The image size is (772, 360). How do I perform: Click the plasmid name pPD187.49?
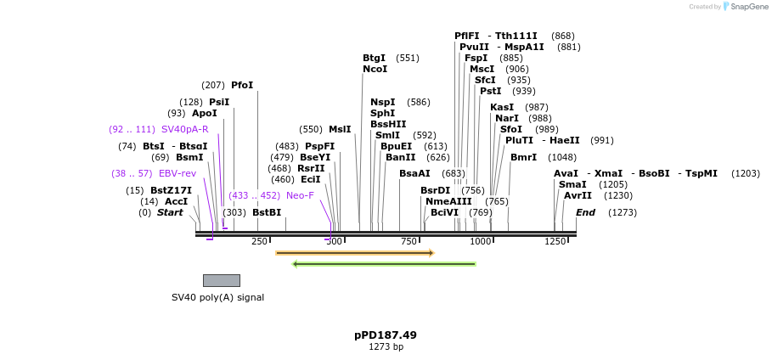tap(386, 335)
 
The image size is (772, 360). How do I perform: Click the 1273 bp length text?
tap(386, 347)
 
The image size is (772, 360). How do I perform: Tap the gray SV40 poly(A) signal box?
tap(221, 280)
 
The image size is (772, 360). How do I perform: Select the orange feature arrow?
tap(354, 253)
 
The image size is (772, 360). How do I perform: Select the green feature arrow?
tap(384, 264)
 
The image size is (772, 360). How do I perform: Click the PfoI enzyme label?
tap(242, 85)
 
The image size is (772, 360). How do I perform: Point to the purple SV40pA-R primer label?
tap(184, 129)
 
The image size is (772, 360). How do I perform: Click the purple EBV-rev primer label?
tap(178, 173)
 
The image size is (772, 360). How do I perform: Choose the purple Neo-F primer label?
tap(300, 195)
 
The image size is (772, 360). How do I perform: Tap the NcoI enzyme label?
tap(375, 69)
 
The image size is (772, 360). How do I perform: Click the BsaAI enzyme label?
tap(414, 173)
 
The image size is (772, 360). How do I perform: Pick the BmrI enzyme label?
tap(523, 157)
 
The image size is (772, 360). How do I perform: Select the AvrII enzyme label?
tap(578, 195)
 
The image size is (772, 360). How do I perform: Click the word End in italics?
tap(585, 212)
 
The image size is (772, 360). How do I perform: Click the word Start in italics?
tap(170, 212)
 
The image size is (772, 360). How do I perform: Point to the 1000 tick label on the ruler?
tap(481, 242)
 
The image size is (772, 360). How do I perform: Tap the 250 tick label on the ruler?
tap(259, 242)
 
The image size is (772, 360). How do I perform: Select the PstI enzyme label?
tap(490, 91)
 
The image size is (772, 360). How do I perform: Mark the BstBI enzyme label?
tap(267, 212)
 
